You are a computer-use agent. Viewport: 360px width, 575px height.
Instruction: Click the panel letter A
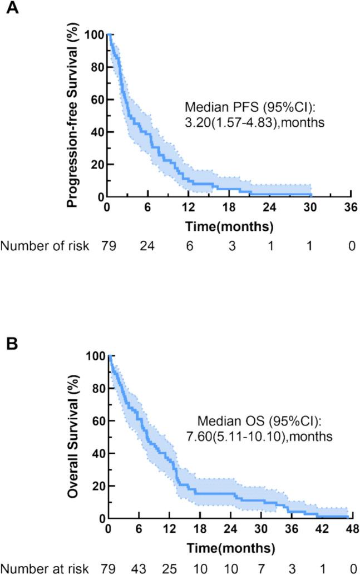(11, 11)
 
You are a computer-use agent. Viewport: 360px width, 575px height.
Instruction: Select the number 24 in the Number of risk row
(147, 246)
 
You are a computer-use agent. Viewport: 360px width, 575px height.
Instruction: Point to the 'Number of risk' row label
(45, 246)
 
